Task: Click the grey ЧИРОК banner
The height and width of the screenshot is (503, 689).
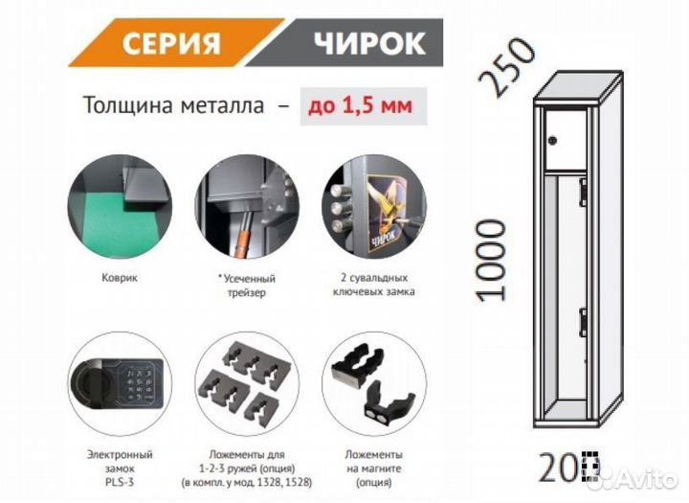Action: click(x=368, y=43)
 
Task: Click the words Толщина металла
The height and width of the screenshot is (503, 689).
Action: click(x=173, y=108)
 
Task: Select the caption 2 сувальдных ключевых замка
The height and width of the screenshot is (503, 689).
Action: click(x=368, y=285)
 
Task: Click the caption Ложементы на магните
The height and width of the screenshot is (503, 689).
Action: click(x=368, y=467)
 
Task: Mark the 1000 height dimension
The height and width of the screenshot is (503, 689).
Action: click(x=491, y=259)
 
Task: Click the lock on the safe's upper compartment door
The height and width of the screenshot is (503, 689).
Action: click(x=553, y=142)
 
